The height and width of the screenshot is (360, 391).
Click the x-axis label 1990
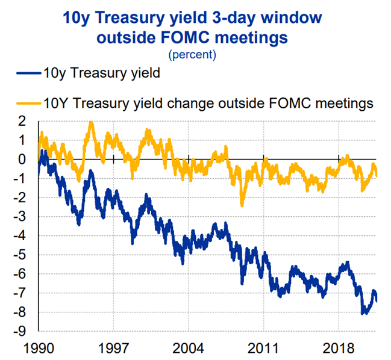coord(38,349)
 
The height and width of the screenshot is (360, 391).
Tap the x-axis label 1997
coord(113,349)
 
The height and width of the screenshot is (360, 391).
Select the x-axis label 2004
coord(188,349)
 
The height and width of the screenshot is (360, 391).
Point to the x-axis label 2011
coord(263,349)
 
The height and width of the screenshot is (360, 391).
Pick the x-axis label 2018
coord(338,349)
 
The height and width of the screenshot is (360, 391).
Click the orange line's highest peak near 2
coord(91,123)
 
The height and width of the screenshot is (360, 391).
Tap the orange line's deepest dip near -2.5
coord(242,205)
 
